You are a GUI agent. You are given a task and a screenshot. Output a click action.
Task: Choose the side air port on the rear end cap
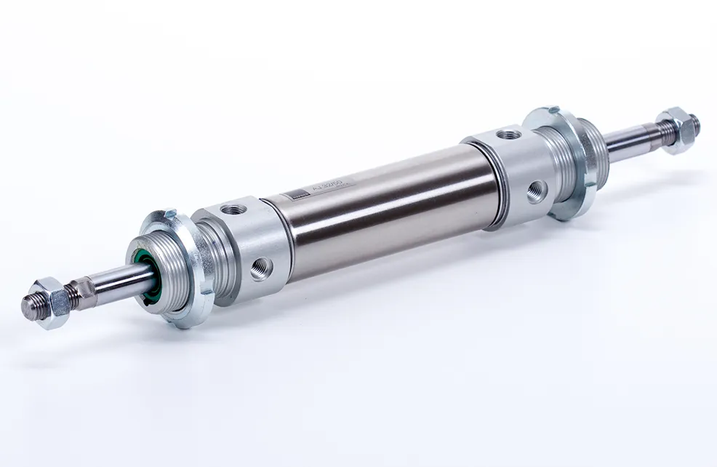click(x=536, y=191)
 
